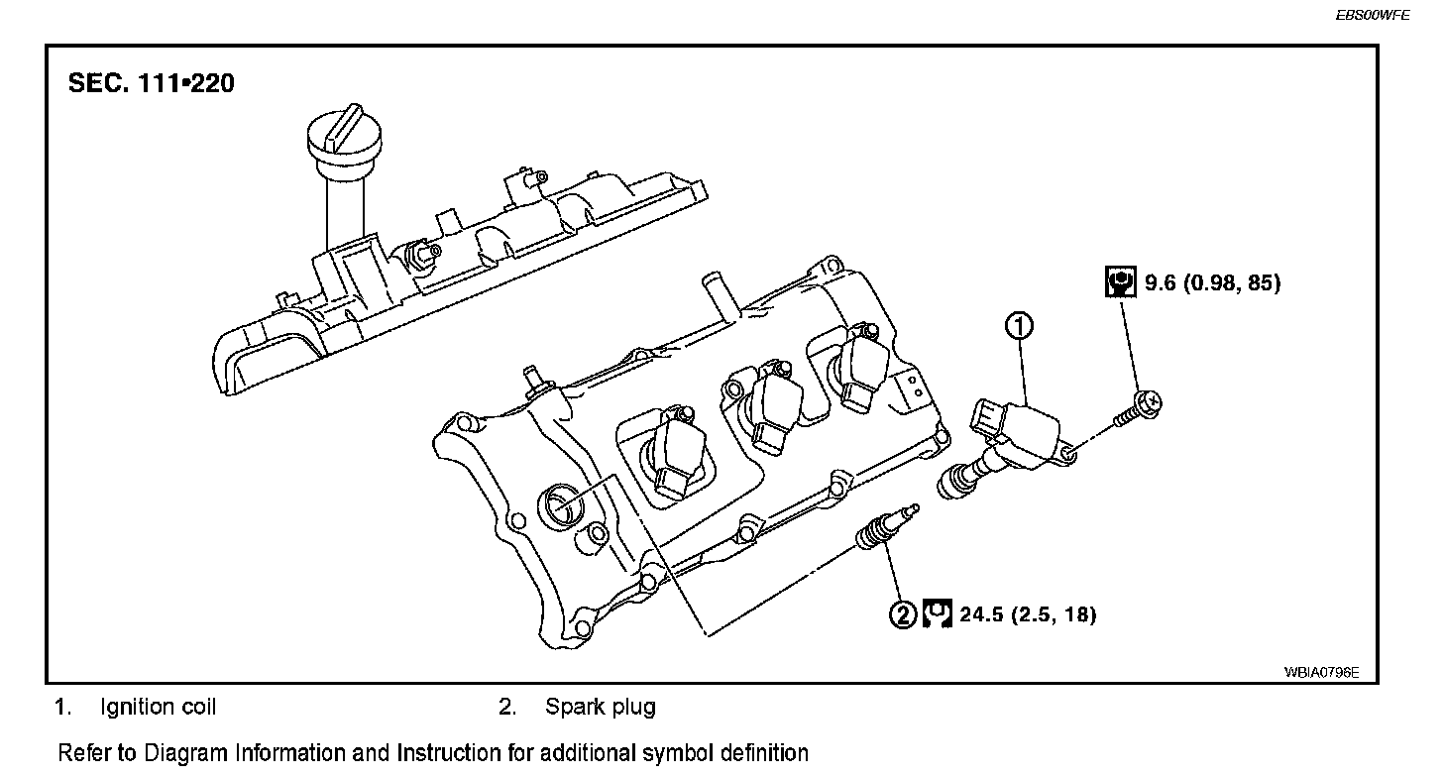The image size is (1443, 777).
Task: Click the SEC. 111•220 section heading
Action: [152, 83]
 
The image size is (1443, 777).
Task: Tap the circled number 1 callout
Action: [1020, 324]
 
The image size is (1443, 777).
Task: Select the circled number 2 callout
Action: [903, 615]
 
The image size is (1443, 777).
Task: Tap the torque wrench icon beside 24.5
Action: [938, 614]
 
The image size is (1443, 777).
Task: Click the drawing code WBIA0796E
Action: [1322, 671]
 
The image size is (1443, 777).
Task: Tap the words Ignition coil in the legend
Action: [158, 707]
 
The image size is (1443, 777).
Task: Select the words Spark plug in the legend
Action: [600, 707]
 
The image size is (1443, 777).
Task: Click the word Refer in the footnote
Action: [85, 752]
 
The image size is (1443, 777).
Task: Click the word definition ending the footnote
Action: [763, 752]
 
